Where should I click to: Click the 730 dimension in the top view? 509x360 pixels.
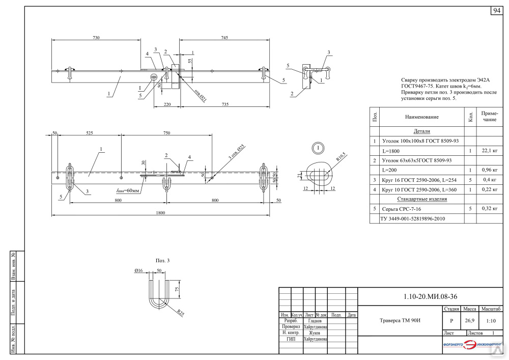(x=96, y=38)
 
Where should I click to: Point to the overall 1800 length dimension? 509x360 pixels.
(x=161, y=213)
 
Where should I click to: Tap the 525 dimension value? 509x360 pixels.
(x=89, y=133)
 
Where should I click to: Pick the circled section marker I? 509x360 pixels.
(x=318, y=148)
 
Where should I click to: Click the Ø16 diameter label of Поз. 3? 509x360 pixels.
(x=138, y=270)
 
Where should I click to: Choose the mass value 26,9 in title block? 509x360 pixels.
(x=469, y=321)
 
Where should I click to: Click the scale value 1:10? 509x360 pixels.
(x=491, y=321)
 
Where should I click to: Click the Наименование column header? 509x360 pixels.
(x=421, y=117)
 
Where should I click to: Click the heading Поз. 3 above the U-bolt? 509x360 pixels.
(x=162, y=260)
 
